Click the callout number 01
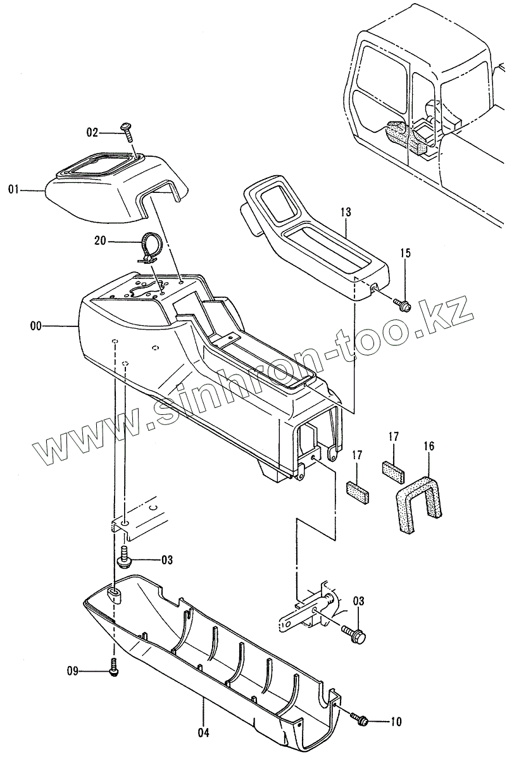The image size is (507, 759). (x=13, y=188)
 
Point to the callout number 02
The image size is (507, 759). (x=92, y=132)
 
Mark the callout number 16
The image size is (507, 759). (x=429, y=447)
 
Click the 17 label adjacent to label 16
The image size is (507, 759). (x=394, y=436)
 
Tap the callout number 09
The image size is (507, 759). (x=74, y=671)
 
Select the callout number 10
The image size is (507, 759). (x=396, y=720)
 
